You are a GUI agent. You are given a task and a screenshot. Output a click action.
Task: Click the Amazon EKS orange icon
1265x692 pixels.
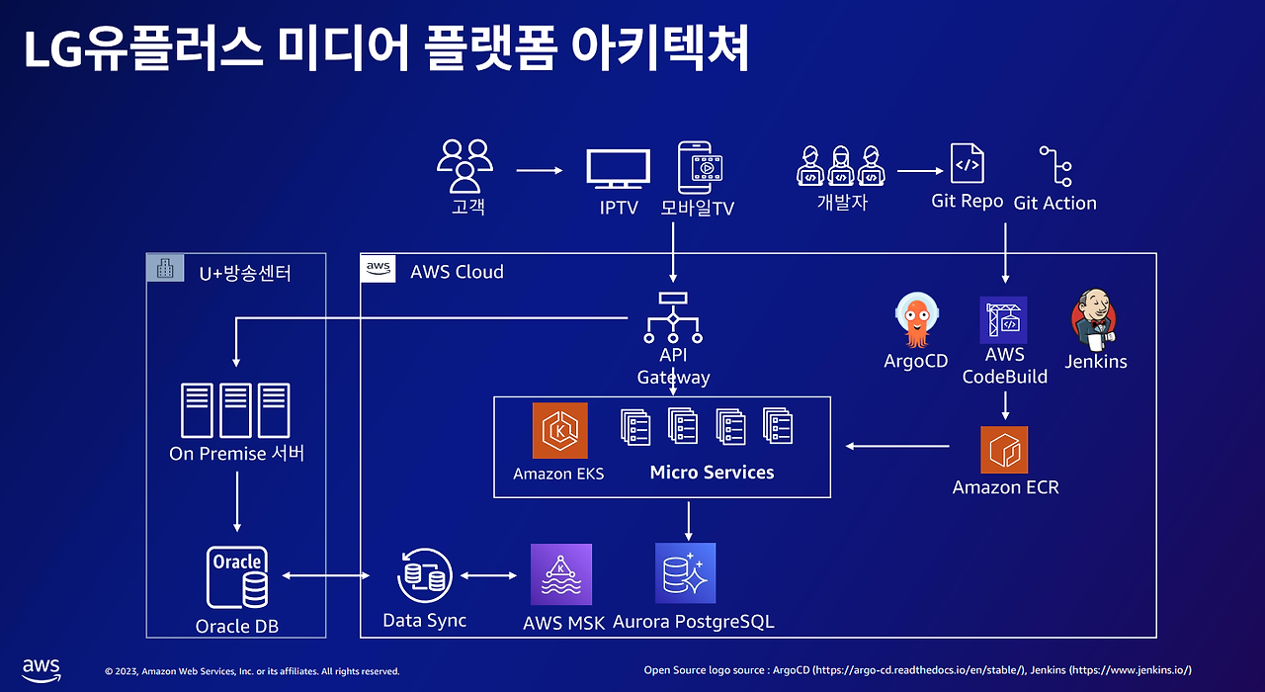[x=559, y=430]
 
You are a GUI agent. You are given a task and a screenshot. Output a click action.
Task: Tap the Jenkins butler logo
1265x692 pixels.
[x=1094, y=319]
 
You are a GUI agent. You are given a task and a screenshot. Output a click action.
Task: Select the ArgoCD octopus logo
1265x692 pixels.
[x=916, y=319]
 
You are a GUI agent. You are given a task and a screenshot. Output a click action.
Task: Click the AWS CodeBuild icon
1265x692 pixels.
[x=1003, y=319]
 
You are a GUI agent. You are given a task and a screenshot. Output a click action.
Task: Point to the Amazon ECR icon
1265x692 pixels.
[x=1004, y=450]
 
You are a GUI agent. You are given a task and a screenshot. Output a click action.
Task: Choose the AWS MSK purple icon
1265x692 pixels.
[x=561, y=574]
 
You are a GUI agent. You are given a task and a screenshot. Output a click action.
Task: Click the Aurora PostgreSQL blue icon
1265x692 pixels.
[x=685, y=572]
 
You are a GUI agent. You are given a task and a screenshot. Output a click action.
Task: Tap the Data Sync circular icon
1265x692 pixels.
[x=425, y=575]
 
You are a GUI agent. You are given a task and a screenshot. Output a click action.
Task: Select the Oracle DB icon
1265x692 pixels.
[x=237, y=576]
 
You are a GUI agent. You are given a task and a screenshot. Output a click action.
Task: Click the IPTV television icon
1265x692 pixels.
[x=618, y=168]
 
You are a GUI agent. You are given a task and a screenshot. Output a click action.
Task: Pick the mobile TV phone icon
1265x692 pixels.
[x=700, y=168]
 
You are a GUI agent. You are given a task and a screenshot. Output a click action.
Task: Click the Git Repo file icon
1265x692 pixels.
[x=968, y=163]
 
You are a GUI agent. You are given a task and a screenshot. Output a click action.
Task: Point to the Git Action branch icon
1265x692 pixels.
[x=1055, y=166]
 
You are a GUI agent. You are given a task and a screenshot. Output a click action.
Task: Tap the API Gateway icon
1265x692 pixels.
[x=673, y=318]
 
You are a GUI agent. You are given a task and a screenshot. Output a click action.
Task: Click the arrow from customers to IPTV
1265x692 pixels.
[x=540, y=170]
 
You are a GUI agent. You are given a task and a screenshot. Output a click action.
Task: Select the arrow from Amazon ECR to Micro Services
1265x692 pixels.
[x=897, y=446]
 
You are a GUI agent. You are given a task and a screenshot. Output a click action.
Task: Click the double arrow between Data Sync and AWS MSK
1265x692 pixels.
[x=488, y=575]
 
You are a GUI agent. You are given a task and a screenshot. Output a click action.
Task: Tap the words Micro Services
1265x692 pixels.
[x=712, y=473]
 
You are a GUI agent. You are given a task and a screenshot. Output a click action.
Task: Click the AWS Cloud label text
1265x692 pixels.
[x=457, y=272]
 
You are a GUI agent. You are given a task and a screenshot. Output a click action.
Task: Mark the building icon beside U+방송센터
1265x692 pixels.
[x=165, y=268]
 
